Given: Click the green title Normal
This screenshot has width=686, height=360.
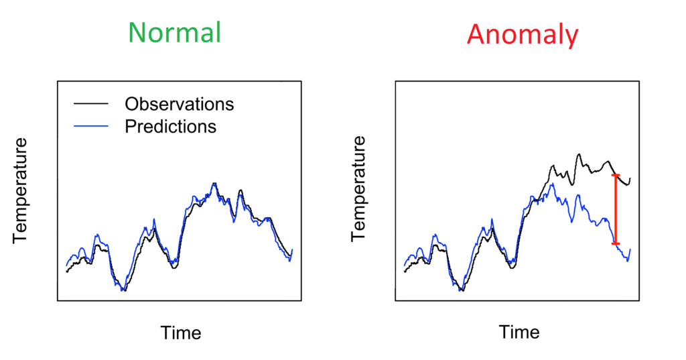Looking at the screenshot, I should [174, 32].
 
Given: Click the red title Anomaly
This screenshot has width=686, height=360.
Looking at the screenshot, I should [523, 34].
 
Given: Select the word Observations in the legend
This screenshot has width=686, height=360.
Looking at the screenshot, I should [179, 105].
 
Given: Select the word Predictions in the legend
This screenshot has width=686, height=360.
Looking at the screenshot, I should [170, 125].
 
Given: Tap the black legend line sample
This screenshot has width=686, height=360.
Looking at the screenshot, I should [90, 105].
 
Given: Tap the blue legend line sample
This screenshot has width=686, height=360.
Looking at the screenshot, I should [90, 125].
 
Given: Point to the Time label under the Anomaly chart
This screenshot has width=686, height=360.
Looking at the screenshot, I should [519, 333].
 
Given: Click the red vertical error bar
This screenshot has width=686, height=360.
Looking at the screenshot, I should [616, 209].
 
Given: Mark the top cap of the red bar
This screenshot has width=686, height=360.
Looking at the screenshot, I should [616, 176].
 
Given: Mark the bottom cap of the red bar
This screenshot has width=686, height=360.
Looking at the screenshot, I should [616, 243].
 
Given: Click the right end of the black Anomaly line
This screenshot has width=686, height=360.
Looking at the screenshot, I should [630, 179].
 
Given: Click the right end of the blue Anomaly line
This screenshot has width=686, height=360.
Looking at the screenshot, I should [630, 250].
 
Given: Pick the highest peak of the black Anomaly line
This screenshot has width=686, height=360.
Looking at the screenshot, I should [578, 154].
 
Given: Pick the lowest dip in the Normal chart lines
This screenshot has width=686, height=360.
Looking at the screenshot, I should [123, 290].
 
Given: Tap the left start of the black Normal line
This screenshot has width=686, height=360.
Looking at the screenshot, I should [66, 272].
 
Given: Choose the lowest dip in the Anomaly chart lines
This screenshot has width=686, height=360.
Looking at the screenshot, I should [462, 290].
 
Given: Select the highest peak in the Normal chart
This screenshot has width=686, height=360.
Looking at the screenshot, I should [214, 183].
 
